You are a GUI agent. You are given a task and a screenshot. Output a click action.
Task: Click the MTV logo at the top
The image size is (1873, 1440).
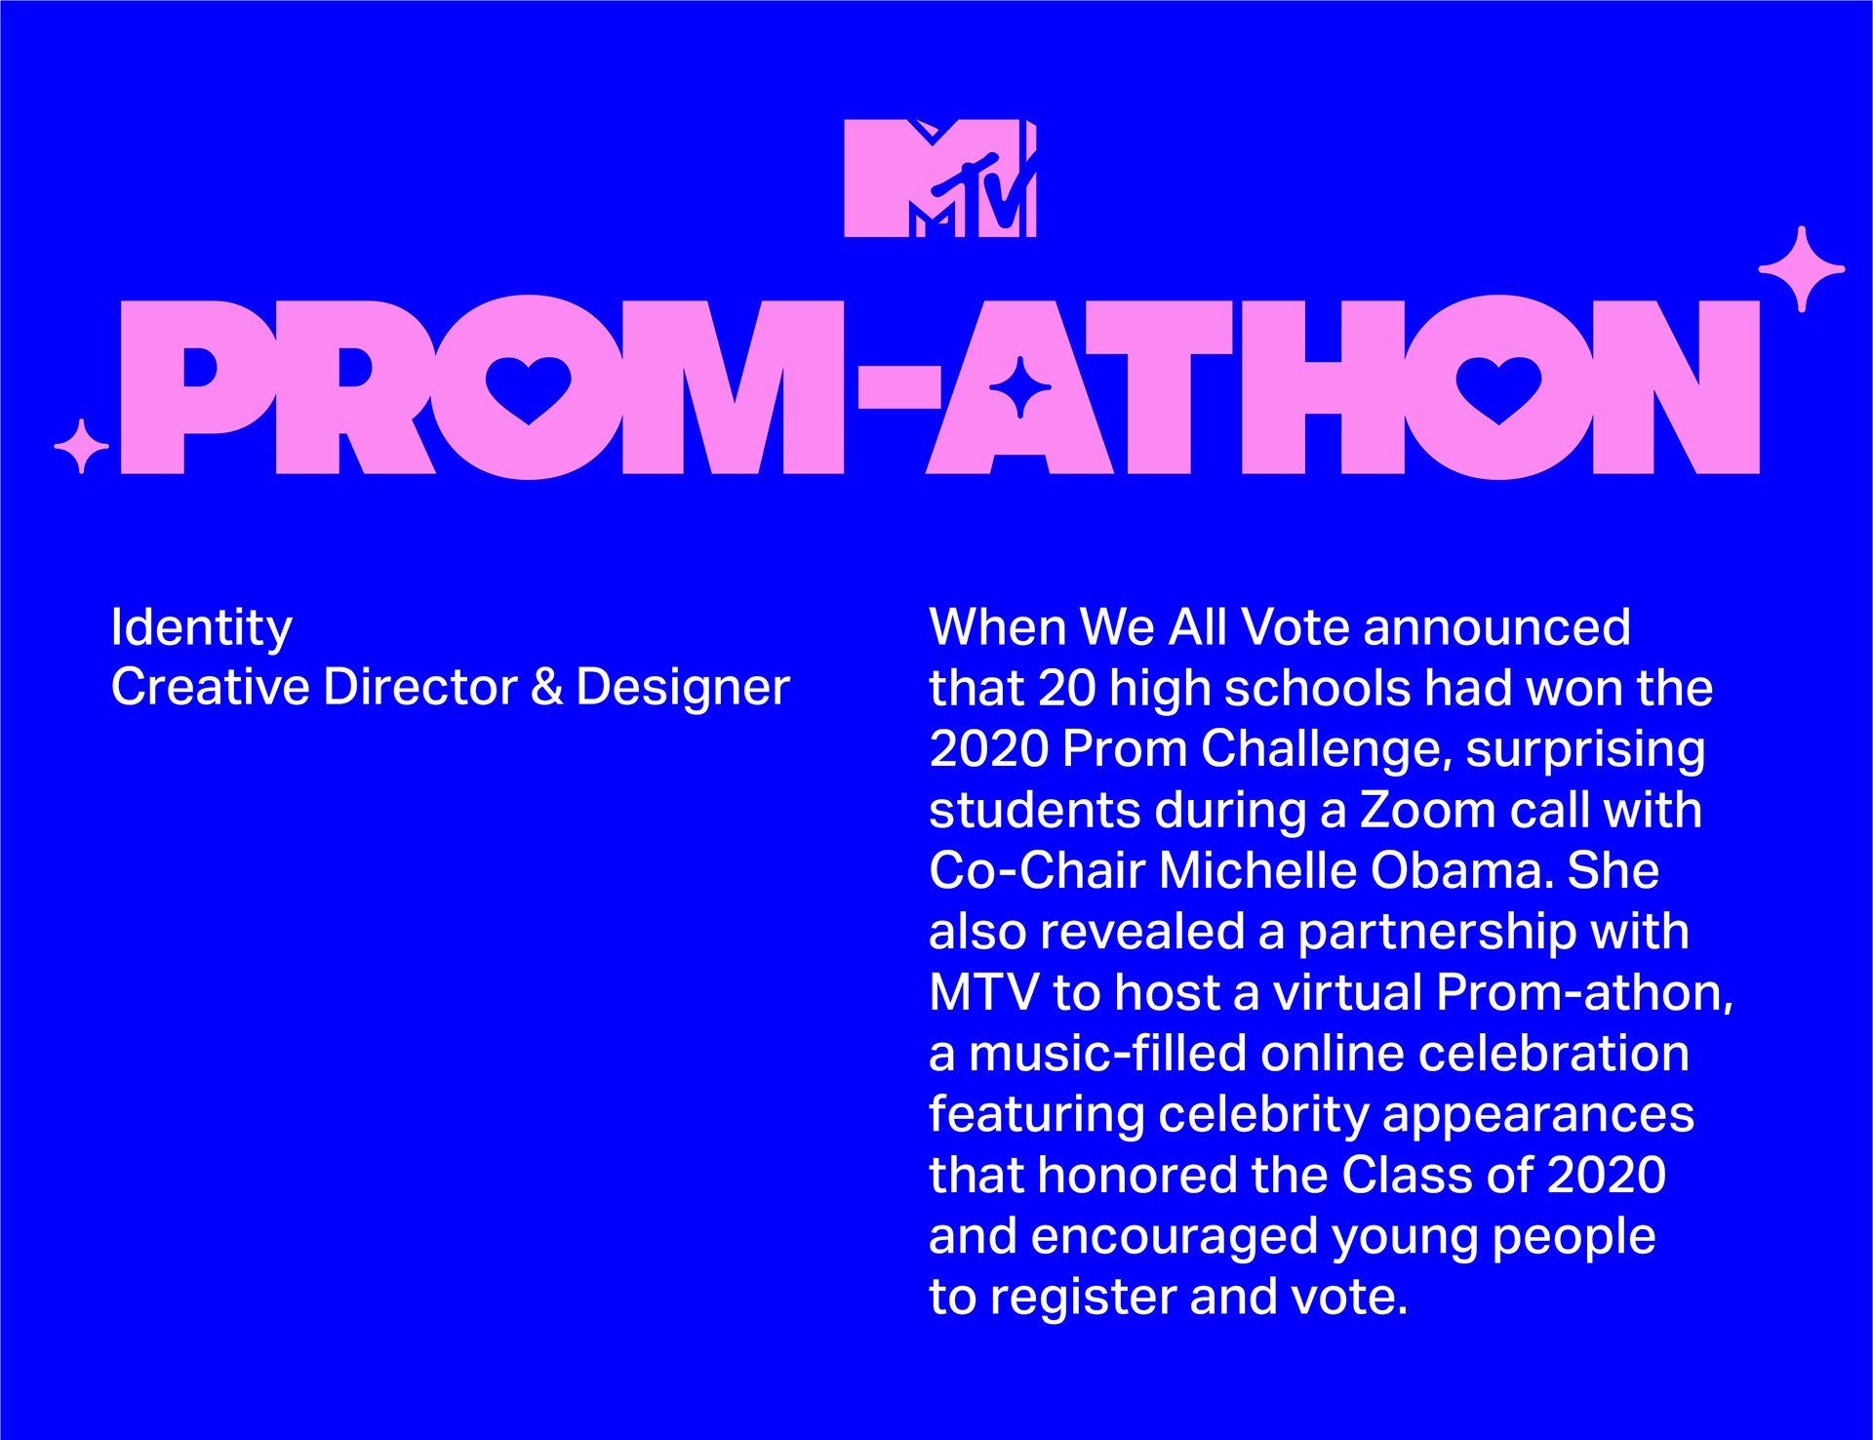[x=939, y=178]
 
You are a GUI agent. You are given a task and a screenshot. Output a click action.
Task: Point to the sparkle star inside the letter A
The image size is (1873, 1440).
[x=1020, y=387]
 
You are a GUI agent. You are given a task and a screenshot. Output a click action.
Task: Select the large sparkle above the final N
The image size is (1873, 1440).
[x=1802, y=268]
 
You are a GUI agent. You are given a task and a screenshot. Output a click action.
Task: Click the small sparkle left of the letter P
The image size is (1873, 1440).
[x=82, y=446]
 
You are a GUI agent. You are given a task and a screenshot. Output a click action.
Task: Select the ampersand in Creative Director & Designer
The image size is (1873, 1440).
[x=547, y=687]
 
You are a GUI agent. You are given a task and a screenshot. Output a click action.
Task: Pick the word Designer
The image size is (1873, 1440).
[x=683, y=687]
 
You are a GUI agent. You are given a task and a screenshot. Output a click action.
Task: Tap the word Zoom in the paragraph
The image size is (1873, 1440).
[x=1427, y=810]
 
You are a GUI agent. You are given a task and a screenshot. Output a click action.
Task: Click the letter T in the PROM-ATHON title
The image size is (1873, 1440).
[x=1158, y=386]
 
